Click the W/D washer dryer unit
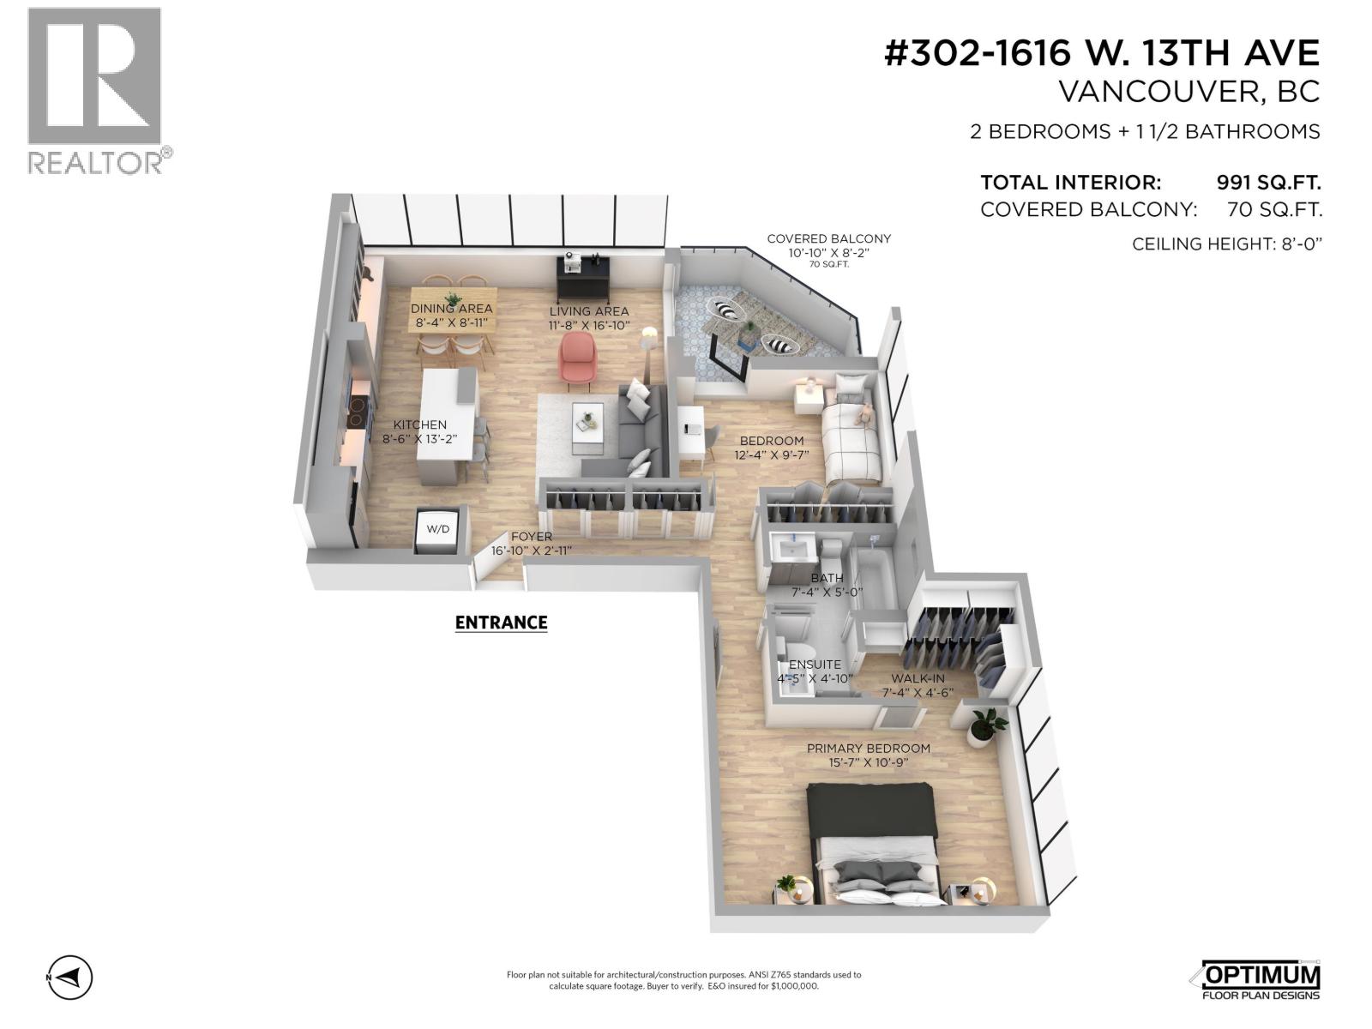coord(438,529)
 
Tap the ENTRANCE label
coord(501,623)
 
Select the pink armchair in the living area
coord(577,358)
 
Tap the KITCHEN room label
coord(420,424)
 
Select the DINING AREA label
coord(451,309)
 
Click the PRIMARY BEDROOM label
coord(868,749)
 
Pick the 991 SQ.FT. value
coord(1268,182)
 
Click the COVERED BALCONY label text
coord(828,239)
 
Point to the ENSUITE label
coord(815,665)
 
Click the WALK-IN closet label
coord(918,678)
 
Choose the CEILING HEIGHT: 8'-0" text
coord(1227,244)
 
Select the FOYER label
coord(532,537)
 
